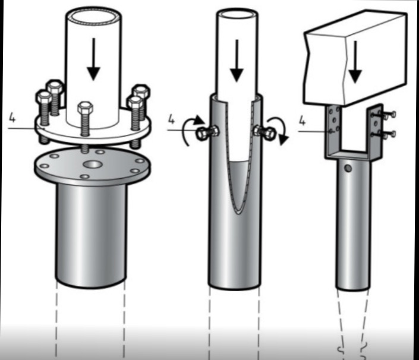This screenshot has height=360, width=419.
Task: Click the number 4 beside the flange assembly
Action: (x=12, y=117)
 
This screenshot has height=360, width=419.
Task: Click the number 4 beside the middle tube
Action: (x=171, y=119)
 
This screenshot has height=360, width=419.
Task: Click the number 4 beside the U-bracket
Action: (x=302, y=121)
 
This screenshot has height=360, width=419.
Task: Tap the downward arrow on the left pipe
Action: (x=93, y=59)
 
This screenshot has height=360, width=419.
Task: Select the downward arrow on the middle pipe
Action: (x=237, y=61)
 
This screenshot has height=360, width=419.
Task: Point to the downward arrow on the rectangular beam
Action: (x=355, y=62)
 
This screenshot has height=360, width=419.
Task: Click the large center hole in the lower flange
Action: (x=93, y=165)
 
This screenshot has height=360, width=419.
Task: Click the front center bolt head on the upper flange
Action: (x=85, y=108)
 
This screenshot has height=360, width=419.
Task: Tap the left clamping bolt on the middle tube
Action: (x=207, y=132)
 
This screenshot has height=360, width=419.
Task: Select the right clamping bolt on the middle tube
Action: (x=265, y=131)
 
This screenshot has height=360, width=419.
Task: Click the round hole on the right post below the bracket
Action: (x=348, y=168)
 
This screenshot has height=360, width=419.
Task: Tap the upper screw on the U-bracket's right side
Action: (x=384, y=115)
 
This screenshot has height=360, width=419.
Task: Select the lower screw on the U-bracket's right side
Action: (x=384, y=134)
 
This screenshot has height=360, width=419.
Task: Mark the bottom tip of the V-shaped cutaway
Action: (x=239, y=213)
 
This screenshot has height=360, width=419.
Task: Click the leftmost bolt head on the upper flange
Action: (x=44, y=98)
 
